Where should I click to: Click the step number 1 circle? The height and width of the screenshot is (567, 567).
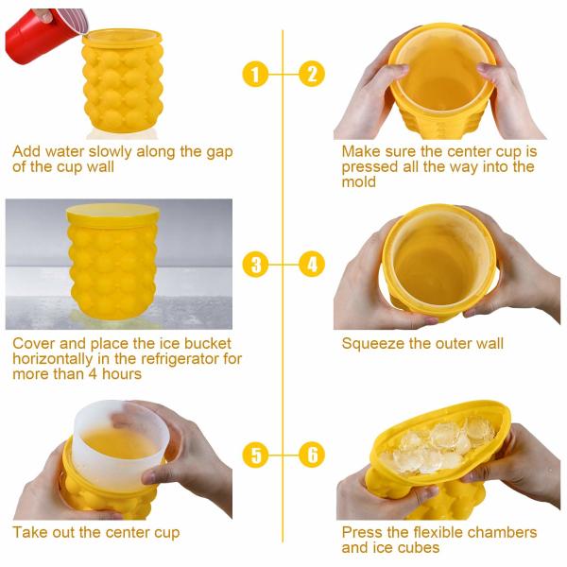coord(255,74)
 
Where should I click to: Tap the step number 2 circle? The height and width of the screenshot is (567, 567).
coord(312,74)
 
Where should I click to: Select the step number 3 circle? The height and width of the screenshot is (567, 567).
coord(255,265)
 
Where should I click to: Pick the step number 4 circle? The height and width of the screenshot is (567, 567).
coord(312,265)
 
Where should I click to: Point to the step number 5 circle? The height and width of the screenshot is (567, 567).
coord(255,455)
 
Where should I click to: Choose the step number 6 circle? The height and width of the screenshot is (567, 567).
coord(312,455)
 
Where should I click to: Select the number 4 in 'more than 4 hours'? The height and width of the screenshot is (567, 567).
coord(94,373)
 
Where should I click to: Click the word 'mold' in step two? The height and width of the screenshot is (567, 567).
coord(359,181)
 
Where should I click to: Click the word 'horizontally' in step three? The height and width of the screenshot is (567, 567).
coord(53,359)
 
